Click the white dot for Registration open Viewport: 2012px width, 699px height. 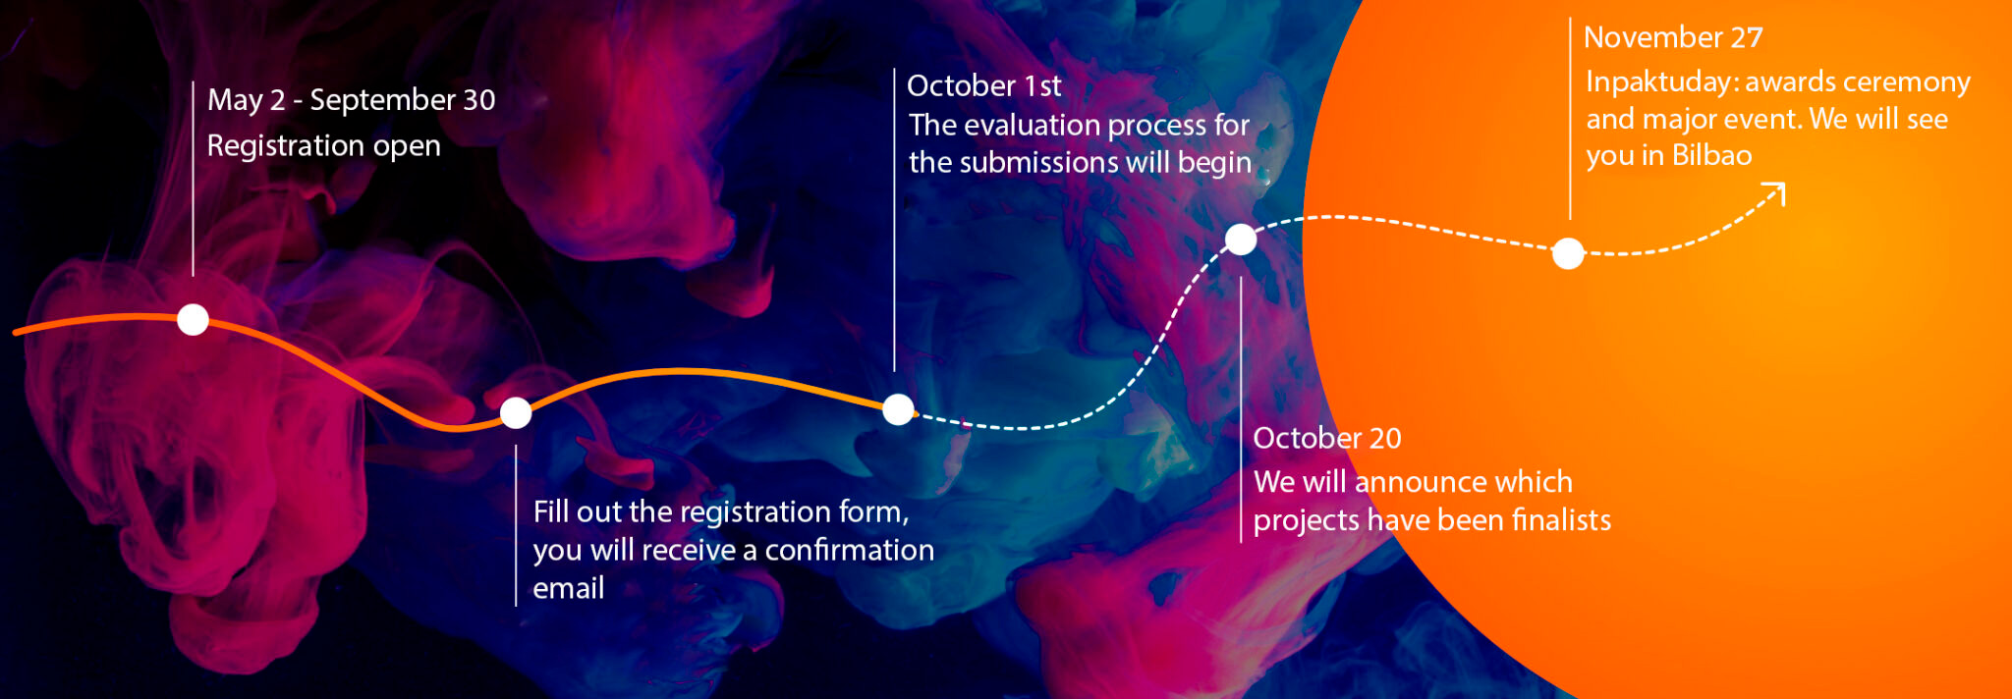click(x=193, y=319)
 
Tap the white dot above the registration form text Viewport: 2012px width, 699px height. click(x=516, y=413)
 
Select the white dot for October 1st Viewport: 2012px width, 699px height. click(x=898, y=409)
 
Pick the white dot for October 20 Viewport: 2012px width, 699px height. click(x=1241, y=239)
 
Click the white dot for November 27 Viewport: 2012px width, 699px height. click(x=1568, y=253)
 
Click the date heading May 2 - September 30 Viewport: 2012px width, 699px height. click(x=352, y=100)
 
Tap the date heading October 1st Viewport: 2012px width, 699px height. click(x=984, y=86)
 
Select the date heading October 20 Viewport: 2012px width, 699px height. click(x=1327, y=438)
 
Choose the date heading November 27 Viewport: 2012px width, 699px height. click(x=1673, y=37)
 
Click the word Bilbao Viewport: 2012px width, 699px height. click(x=1712, y=155)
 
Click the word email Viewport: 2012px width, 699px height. click(x=569, y=588)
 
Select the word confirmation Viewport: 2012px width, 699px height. click(x=850, y=550)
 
